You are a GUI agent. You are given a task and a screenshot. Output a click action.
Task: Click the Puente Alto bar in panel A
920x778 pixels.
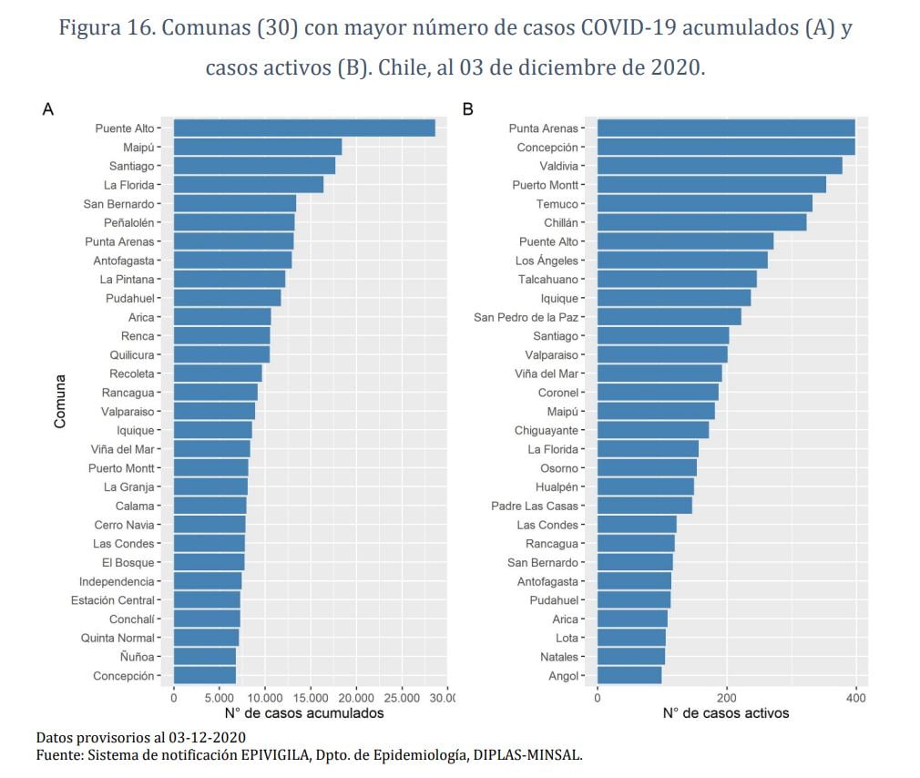coord(304,128)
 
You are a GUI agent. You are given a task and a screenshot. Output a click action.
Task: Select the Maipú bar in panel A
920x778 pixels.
coord(258,147)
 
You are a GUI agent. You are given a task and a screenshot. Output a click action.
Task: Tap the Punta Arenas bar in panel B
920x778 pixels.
coord(726,128)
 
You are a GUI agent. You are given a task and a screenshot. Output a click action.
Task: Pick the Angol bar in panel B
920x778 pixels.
coord(629,675)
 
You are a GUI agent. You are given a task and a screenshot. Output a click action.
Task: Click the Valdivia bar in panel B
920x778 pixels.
coord(720,166)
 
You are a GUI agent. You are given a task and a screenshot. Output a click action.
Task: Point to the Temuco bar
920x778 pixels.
coord(705,203)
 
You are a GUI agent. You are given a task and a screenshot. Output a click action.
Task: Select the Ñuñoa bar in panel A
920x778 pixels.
coord(205,657)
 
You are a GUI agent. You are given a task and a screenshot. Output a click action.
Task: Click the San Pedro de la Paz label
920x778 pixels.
coord(526,317)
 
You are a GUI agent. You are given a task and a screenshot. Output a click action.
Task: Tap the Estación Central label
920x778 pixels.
coord(113,600)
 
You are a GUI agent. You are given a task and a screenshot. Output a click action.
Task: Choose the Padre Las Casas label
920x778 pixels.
coord(535,506)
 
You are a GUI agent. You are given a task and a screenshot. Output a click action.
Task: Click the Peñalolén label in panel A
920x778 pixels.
coord(129,223)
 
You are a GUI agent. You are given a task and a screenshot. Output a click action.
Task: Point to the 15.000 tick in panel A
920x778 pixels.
coord(311,698)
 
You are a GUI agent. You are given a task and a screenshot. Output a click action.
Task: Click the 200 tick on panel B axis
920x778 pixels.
coord(726,698)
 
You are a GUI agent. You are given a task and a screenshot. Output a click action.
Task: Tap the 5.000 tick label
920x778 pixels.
coord(219,698)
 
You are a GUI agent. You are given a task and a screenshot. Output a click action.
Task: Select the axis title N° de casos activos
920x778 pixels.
coord(726,713)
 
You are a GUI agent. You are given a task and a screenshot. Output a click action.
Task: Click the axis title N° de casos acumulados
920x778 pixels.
coord(304,713)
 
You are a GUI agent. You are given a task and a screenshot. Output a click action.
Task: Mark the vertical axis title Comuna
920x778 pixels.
coord(60,402)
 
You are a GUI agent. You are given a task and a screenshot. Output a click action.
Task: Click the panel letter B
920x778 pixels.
coord(467,109)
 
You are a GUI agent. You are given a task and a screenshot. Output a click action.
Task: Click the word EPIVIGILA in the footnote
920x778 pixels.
coord(275,755)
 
